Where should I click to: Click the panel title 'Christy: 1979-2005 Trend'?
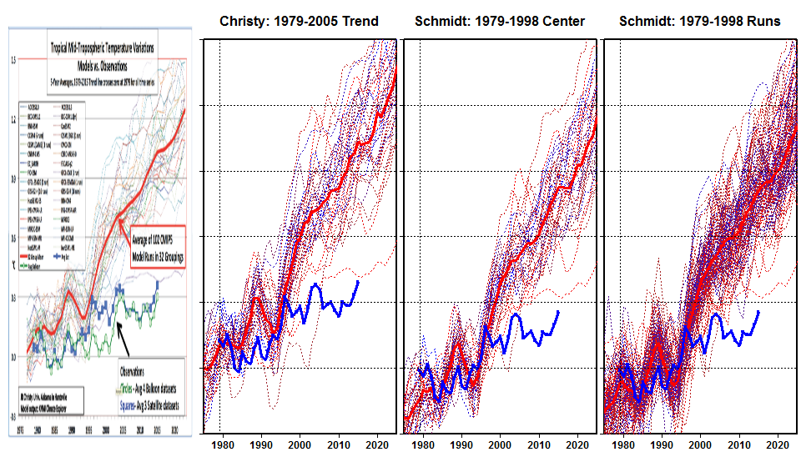299,20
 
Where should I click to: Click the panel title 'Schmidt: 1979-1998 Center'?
499,20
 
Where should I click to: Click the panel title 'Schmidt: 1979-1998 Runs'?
699,20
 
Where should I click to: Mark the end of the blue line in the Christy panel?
359,281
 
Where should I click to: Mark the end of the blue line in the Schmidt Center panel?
558,311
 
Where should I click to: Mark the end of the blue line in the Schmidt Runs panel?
758,311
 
